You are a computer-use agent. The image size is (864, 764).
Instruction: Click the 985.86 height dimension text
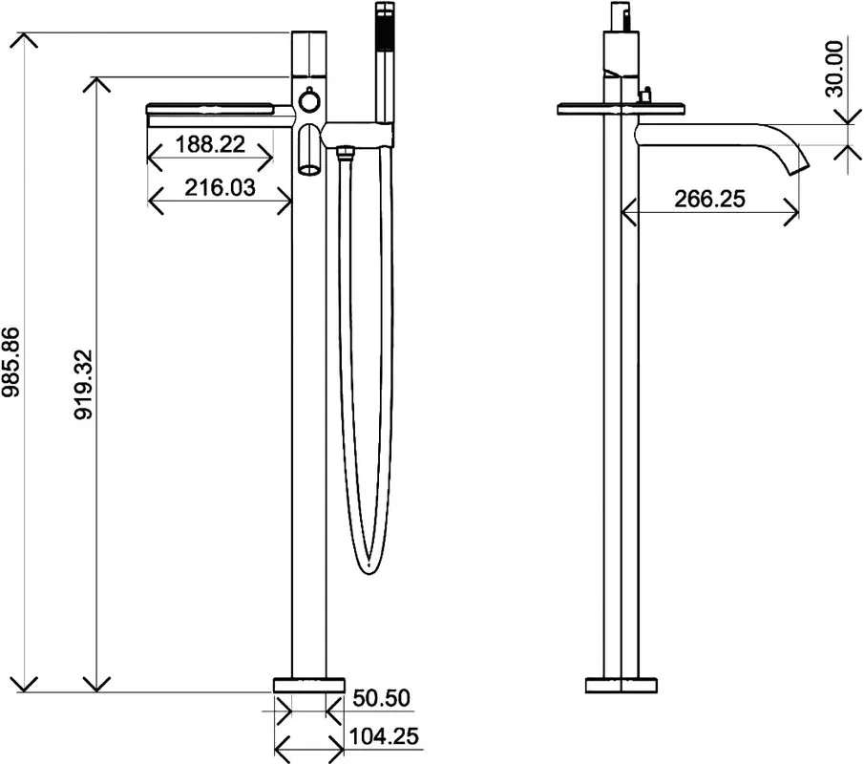pos(11,362)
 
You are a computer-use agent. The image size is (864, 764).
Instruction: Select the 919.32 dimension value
pos(84,384)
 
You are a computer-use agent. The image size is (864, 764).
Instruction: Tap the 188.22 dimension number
pos(210,144)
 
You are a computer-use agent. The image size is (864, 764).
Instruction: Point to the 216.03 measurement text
pos(220,188)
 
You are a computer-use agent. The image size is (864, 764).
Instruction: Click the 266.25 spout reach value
pos(709,199)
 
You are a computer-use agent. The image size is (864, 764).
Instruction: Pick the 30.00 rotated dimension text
pos(834,69)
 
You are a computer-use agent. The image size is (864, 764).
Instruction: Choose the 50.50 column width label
pos(381,698)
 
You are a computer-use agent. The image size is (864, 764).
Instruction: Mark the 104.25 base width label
pos(384,736)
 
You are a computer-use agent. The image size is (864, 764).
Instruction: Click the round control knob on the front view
pos(308,101)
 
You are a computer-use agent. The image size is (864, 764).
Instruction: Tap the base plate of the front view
pos(309,685)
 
